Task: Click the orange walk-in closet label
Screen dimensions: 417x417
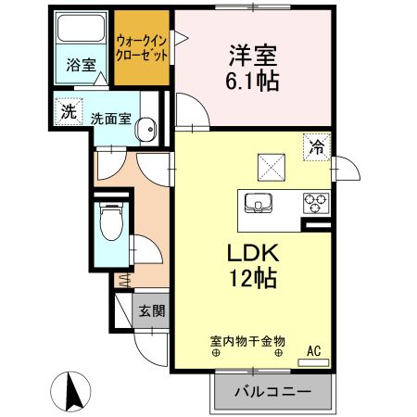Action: click(143, 47)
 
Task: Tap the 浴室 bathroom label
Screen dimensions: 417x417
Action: click(81, 65)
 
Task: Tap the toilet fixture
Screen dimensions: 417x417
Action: click(109, 221)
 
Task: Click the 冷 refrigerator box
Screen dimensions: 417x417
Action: click(316, 145)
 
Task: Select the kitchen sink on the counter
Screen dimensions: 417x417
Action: click(259, 202)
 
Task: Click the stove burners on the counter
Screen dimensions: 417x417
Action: click(314, 201)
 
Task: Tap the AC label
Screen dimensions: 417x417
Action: click(314, 350)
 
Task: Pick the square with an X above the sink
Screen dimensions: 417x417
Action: click(271, 169)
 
